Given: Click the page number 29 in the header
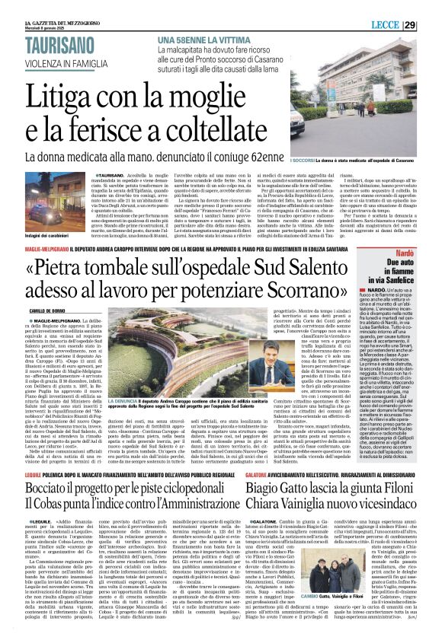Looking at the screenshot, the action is tap(430, 26).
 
